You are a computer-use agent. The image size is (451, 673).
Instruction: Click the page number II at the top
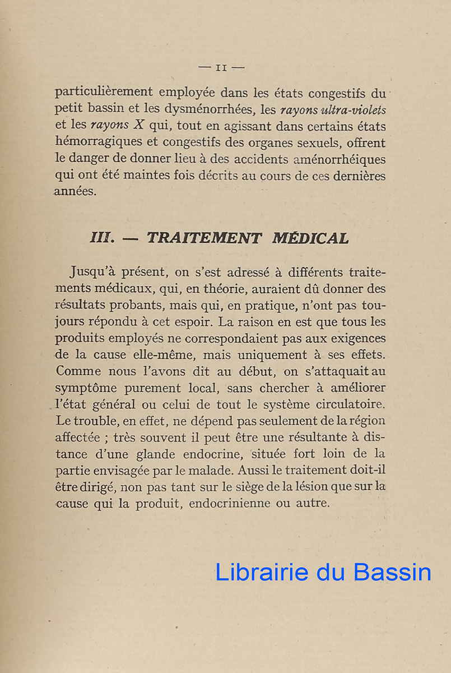(x=221, y=68)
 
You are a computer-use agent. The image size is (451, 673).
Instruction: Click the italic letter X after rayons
(x=140, y=127)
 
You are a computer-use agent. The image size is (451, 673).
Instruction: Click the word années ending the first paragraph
(x=75, y=191)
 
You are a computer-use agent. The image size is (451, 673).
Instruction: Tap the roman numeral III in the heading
(x=103, y=238)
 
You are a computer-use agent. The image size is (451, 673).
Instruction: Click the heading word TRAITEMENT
(x=204, y=238)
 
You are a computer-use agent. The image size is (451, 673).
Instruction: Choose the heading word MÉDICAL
(x=310, y=238)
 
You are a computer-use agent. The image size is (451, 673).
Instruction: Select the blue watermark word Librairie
(x=262, y=572)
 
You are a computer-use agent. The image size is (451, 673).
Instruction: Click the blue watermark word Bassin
(x=392, y=572)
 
